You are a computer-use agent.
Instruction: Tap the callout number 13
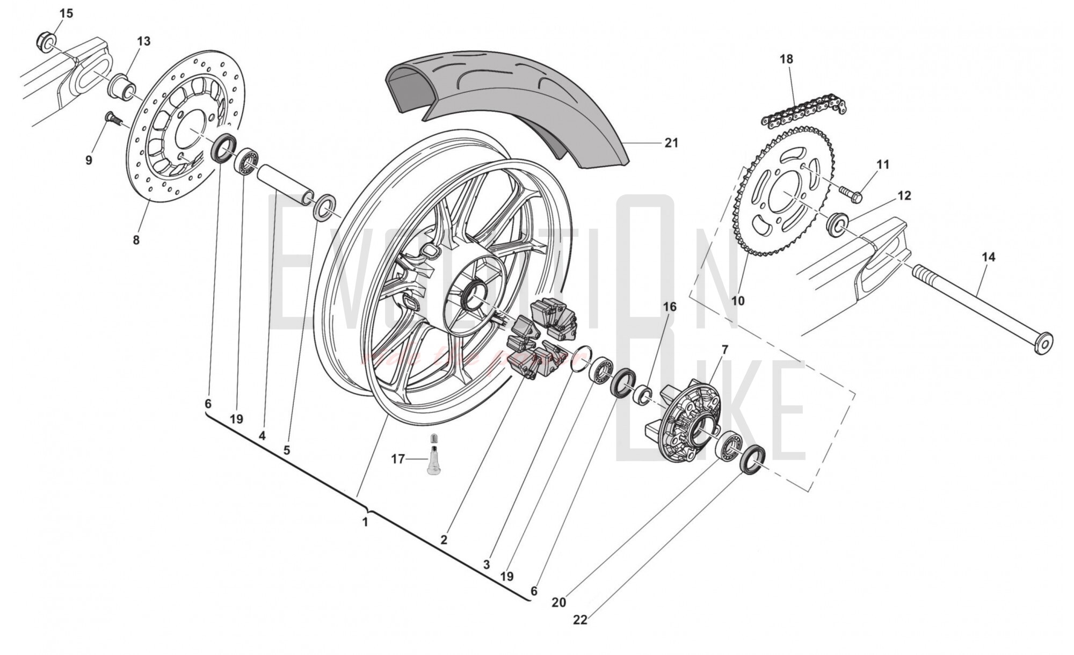point(143,41)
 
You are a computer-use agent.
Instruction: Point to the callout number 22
point(580,620)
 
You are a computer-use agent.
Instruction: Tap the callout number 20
point(558,602)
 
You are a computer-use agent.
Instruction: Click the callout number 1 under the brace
point(365,521)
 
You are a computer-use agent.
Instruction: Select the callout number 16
point(669,307)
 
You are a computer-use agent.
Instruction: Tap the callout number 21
point(671,143)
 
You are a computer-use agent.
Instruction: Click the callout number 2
point(444,540)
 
